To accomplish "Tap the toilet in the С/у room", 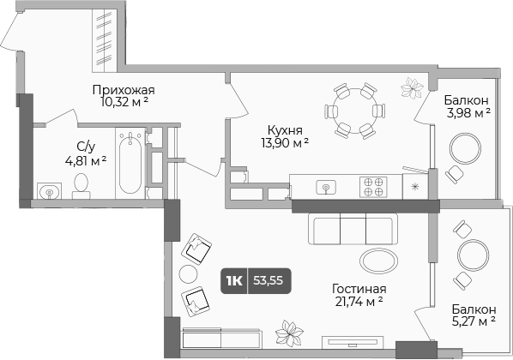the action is point(81,186).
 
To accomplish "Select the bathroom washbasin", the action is point(50,191).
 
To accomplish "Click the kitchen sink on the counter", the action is point(326,188).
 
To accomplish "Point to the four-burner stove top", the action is point(373,187).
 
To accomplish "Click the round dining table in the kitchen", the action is point(355,111).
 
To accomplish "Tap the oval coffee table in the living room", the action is point(379,261).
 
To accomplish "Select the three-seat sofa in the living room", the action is point(353,229).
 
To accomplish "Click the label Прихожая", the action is point(124,90).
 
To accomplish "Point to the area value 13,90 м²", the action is point(285,143).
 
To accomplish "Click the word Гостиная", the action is point(359,289).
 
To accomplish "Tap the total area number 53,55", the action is point(268,280).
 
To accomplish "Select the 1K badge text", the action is point(234,280).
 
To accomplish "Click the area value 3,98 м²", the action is point(468,113).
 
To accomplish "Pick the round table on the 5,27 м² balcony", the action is point(473,255).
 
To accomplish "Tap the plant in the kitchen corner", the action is point(411,87).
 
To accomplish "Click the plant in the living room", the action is point(289,333).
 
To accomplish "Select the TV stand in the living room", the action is point(353,342).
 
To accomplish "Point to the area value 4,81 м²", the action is point(86,160).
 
